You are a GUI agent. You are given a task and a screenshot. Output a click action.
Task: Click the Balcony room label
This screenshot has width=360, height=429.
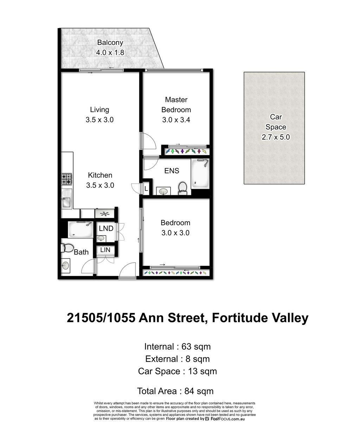click(110, 43)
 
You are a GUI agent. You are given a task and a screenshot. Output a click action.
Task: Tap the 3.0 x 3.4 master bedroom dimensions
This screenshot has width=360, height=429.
click(176, 120)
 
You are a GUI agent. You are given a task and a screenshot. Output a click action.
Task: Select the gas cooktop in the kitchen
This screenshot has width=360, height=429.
click(66, 179)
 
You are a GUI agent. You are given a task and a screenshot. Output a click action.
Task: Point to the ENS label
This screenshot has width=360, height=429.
click(172, 171)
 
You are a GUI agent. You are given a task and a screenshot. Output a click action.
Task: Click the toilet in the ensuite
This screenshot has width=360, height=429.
click(182, 188)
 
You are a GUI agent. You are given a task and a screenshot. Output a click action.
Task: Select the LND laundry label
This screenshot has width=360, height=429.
click(106, 228)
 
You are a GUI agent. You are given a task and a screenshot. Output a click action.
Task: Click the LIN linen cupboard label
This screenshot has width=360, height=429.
click(105, 250)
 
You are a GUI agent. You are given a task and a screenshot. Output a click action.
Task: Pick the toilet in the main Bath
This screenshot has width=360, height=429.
click(67, 248)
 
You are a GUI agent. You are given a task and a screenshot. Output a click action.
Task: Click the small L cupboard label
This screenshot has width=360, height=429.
click(146, 188)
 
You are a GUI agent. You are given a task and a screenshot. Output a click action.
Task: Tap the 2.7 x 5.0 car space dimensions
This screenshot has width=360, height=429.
click(276, 137)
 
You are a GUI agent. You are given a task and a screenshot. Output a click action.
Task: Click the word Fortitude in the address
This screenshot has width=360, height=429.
click(240, 318)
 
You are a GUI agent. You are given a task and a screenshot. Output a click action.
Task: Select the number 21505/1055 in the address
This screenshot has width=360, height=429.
click(101, 318)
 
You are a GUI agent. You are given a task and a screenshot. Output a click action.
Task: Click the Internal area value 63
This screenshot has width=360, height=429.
click(186, 347)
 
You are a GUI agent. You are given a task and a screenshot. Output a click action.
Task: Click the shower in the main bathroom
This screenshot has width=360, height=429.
click(81, 229)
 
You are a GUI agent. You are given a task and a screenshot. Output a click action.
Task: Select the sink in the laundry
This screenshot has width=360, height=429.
click(101, 238)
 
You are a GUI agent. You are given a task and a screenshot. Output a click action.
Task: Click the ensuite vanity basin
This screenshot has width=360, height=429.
click(163, 191)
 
